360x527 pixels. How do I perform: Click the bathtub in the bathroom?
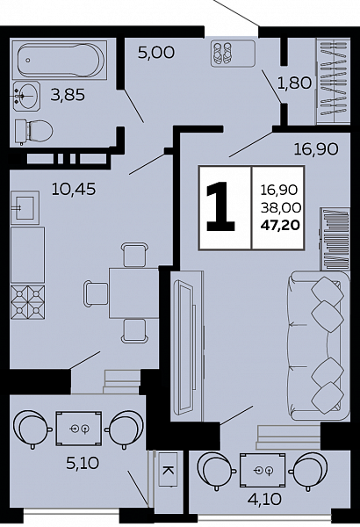59,61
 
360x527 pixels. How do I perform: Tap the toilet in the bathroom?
33,131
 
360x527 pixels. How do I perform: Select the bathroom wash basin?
26,96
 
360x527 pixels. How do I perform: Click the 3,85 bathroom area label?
68,95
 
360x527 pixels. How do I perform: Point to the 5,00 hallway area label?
156,53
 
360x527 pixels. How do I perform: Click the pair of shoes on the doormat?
222,53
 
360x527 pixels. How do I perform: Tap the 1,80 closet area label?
294,83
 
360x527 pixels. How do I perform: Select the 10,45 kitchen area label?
74,189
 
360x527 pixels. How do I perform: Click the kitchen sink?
25,207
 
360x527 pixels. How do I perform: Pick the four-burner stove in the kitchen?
27,302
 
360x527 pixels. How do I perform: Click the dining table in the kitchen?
133,292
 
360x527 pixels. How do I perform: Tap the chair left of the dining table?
96,293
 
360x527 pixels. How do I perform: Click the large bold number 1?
220,206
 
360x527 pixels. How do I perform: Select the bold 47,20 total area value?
280,225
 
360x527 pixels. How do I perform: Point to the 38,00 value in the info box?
281,208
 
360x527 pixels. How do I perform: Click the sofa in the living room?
319,345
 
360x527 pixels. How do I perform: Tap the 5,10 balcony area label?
83,464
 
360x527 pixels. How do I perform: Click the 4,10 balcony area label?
264,499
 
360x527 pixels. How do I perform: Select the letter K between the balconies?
167,470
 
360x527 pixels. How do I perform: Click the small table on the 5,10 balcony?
79,429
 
